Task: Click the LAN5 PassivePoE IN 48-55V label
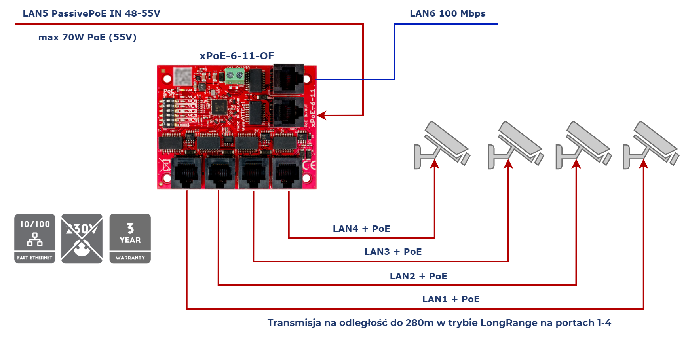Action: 91,13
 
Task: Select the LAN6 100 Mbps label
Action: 448,13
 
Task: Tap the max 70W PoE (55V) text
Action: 87,37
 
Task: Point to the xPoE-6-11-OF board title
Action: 237,56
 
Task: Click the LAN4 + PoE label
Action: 361,229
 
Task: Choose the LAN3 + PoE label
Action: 393,252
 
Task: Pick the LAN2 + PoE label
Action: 418,276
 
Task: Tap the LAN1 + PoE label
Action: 450,299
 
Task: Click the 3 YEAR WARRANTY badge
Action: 130,239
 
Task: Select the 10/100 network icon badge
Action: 35,239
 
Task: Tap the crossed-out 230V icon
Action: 82,239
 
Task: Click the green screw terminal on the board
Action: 234,76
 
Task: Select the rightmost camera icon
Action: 651,146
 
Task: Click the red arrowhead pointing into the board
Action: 321,116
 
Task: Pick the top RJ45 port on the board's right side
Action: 289,80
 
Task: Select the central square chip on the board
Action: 219,107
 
